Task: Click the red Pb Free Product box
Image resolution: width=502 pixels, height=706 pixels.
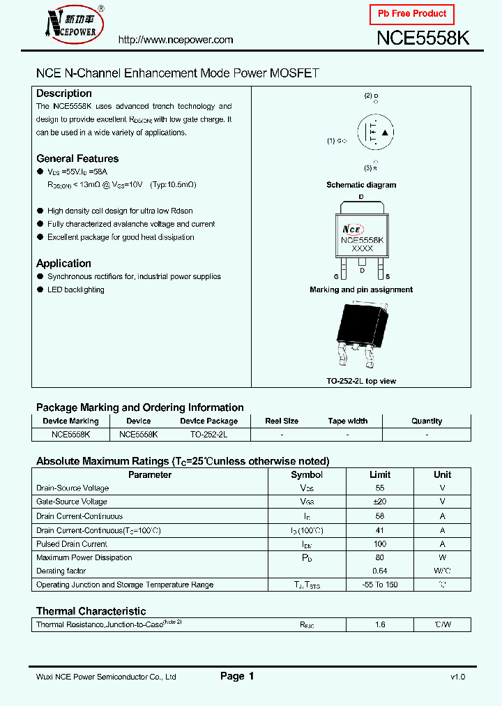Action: coord(411,14)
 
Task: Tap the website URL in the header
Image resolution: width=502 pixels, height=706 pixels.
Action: coord(176,40)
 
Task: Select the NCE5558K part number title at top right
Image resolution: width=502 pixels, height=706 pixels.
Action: coord(423,39)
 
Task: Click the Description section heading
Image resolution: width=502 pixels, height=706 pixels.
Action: coord(64,93)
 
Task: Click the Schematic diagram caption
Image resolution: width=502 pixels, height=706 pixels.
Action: coord(361,185)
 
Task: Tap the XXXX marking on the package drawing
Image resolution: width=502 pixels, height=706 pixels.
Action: coord(362,248)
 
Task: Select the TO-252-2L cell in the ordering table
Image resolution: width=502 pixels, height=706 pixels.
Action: coord(208,434)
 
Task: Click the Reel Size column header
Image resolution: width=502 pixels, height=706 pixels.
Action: coord(282,421)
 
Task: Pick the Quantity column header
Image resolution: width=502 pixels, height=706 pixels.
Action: coord(427,421)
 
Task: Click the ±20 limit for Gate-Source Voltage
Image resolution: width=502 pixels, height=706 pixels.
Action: coord(380,502)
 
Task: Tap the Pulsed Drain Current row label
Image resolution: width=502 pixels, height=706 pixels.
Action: coord(72,544)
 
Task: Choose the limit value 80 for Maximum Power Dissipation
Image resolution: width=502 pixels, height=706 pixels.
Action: coord(380,557)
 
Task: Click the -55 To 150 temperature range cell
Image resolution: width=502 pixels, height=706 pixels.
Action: coord(380,585)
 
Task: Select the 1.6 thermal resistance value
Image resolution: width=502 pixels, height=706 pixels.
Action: coord(380,624)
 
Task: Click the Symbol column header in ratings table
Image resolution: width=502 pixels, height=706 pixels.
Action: coord(307,474)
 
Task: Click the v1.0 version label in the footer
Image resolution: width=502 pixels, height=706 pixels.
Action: coord(457,677)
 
